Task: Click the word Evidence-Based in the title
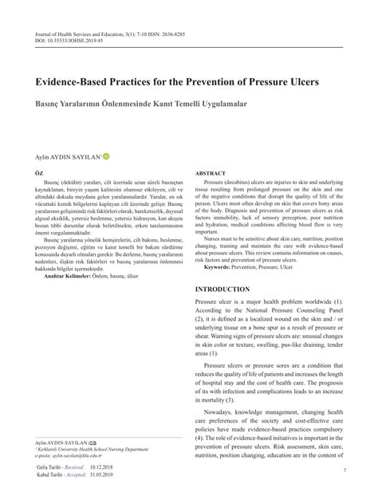point(77,81)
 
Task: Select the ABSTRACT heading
point(211,173)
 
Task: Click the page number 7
point(343,470)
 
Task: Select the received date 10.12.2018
point(105,470)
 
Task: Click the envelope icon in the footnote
point(94,442)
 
